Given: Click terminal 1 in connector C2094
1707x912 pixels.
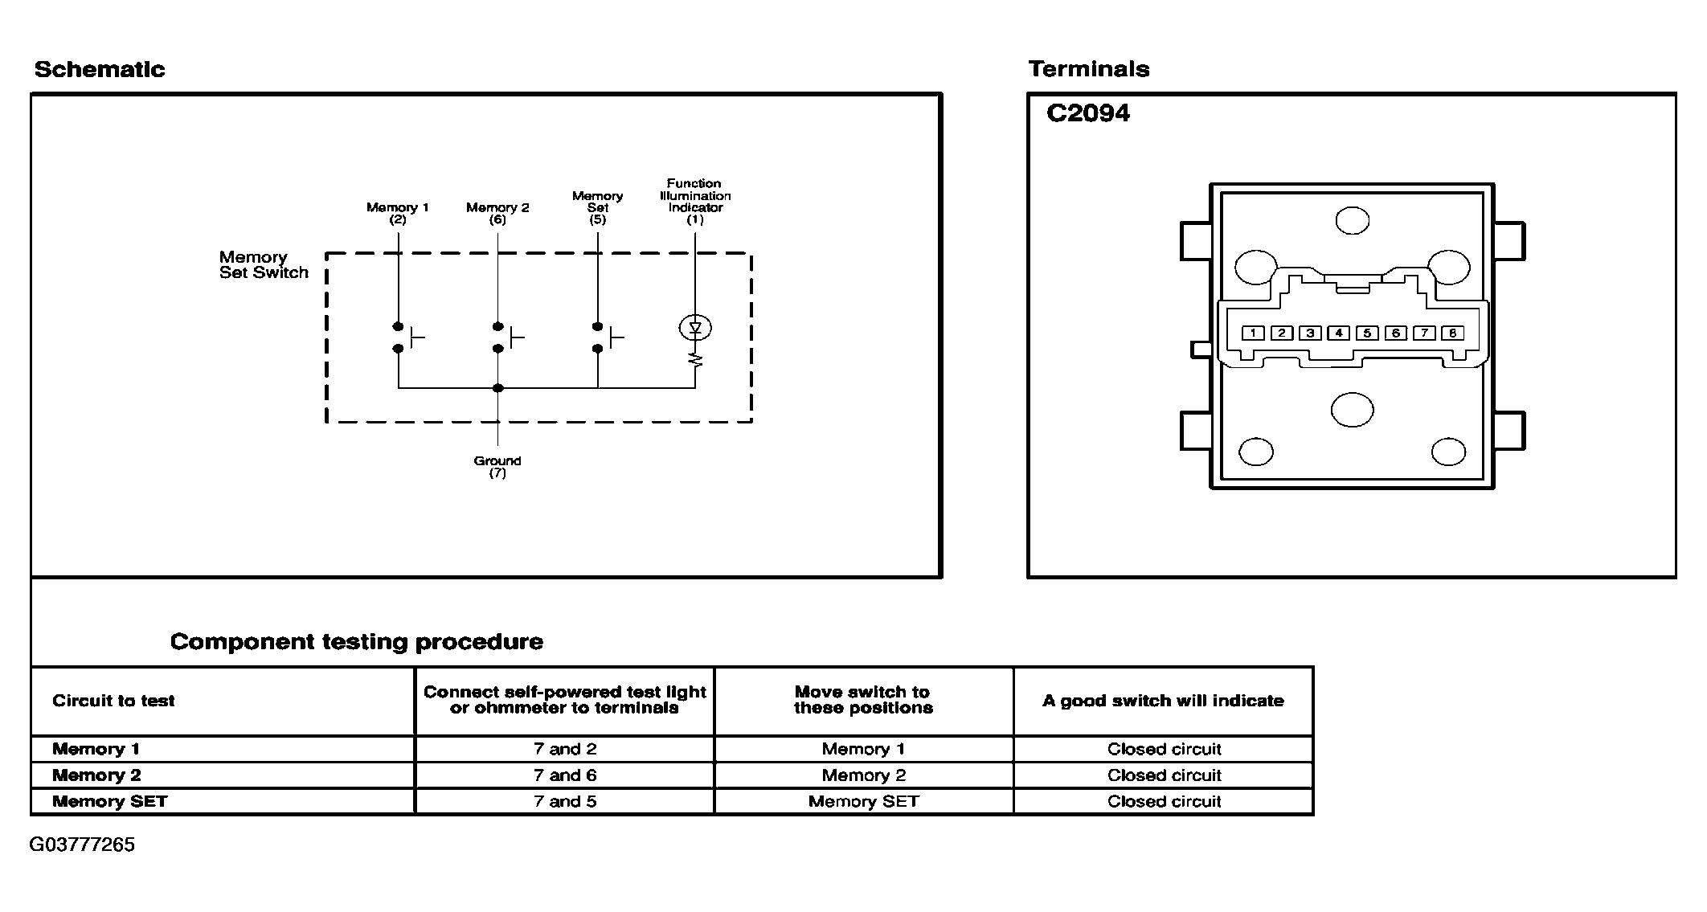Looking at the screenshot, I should [1253, 333].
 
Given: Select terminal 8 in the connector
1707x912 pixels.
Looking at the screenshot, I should [1452, 333].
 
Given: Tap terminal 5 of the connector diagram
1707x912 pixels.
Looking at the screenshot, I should [1367, 333].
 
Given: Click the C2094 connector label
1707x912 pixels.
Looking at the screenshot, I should [1087, 113].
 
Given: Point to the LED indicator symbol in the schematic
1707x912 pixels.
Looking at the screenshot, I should [695, 328].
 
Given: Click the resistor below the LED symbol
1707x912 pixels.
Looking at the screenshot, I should [695, 359].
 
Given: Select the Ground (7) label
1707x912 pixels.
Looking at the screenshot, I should [497, 467].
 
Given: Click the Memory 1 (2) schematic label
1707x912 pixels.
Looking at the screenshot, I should [398, 213].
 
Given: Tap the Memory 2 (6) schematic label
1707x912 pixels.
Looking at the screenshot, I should [497, 213].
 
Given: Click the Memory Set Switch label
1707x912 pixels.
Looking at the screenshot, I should [264, 264].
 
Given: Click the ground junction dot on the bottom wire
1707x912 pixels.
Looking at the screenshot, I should [498, 388].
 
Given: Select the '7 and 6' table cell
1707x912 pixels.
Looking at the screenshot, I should [565, 775].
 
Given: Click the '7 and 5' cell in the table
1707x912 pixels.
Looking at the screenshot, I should [565, 802].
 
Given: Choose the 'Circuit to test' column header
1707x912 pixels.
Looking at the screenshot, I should [113, 701].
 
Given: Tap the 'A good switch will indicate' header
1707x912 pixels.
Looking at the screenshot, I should [1163, 701].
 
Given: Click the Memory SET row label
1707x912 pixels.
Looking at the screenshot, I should [110, 802].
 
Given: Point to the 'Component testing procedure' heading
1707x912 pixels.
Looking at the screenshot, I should [357, 641].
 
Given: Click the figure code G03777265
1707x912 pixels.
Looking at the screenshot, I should [82, 845].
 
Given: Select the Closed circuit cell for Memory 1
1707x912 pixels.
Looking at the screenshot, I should [1164, 749].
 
